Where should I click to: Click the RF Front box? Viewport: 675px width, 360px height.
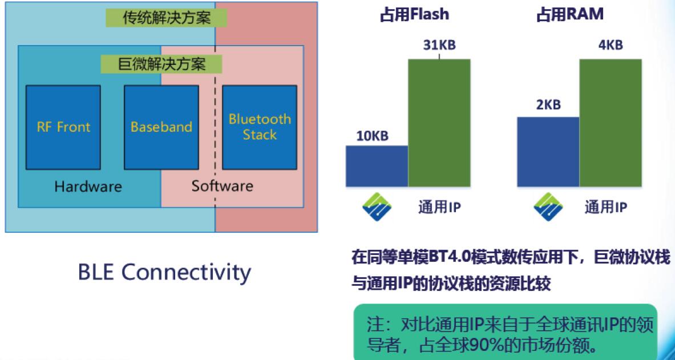pyautogui.click(x=63, y=127)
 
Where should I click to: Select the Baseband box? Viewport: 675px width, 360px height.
pyautogui.click(x=161, y=127)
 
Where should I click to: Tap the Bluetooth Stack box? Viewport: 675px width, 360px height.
pyautogui.click(x=260, y=127)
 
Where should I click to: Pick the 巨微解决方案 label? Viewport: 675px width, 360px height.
pyautogui.click(x=161, y=64)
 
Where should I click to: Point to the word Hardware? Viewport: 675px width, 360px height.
pyautogui.click(x=88, y=187)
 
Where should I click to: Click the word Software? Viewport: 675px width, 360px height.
pyautogui.click(x=222, y=187)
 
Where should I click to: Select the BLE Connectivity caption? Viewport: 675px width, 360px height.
pyautogui.click(x=164, y=273)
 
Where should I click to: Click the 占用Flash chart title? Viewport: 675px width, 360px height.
pyautogui.click(x=414, y=15)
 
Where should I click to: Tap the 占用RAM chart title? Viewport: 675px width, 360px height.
pyautogui.click(x=569, y=15)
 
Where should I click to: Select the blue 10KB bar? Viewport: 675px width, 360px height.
pyautogui.click(x=377, y=166)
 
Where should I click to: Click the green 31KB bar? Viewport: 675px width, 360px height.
pyautogui.click(x=439, y=123)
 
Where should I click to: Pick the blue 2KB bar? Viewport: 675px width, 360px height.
pyautogui.click(x=548, y=152)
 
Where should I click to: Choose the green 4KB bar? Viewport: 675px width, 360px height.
pyautogui.click(x=611, y=123)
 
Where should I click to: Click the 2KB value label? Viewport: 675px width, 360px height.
pyautogui.click(x=548, y=105)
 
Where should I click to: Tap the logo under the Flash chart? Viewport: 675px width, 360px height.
pyautogui.click(x=377, y=207)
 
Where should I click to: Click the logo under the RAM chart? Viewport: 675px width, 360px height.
pyautogui.click(x=548, y=207)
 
